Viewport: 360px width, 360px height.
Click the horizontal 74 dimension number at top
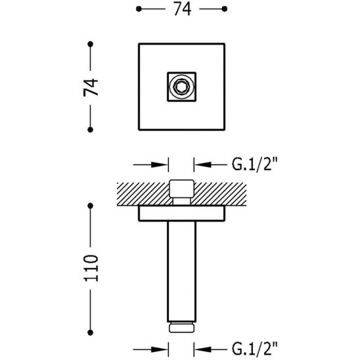click(x=181, y=10)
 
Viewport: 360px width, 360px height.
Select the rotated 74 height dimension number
click(x=94, y=87)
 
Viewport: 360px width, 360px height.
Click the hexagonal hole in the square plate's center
click(x=181, y=87)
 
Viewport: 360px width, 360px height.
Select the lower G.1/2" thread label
click(x=252, y=346)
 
